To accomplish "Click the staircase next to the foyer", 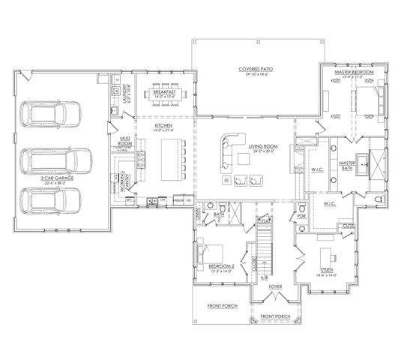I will click(263, 255).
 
